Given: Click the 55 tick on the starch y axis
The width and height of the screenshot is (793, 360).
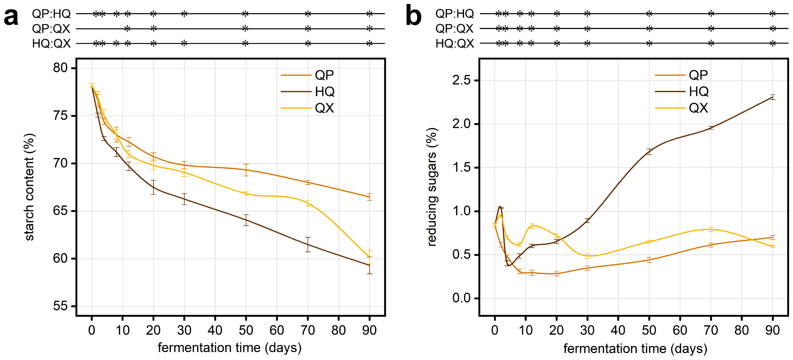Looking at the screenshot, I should click(60, 306).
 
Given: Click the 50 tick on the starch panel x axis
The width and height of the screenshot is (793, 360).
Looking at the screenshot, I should click(246, 330).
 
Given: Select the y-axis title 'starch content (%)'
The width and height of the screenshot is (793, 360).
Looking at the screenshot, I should click(29, 187).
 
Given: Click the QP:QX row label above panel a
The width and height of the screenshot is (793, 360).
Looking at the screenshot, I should click(51, 29).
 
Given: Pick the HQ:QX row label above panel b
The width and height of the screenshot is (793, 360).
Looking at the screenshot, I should click(455, 43).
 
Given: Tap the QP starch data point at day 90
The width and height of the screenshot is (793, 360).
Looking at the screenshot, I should click(369, 197).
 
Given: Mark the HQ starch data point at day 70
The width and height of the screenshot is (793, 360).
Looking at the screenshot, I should click(308, 245).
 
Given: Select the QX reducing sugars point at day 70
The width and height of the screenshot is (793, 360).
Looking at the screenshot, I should click(711, 229).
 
